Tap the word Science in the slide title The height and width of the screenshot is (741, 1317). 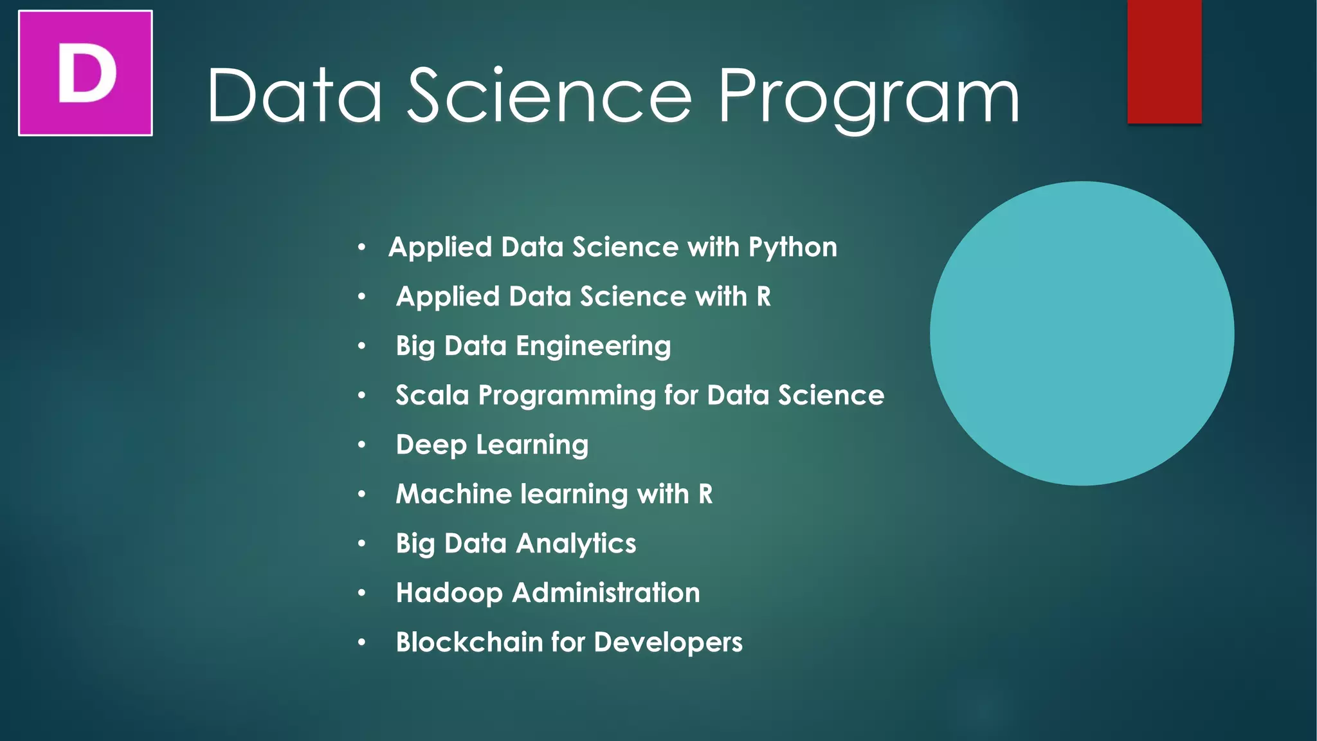click(x=550, y=96)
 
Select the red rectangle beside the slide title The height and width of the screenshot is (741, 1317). click(x=1164, y=61)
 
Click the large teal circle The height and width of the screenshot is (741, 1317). click(x=1082, y=333)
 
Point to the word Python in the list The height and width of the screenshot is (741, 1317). click(x=792, y=248)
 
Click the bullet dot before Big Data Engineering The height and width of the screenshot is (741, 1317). click(x=362, y=346)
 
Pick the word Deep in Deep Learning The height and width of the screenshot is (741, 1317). click(x=431, y=445)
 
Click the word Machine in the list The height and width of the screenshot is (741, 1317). click(x=453, y=494)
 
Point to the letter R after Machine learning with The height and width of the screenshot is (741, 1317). click(x=705, y=494)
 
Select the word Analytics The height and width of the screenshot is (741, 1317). click(x=576, y=544)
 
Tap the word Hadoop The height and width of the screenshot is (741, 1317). click(x=449, y=593)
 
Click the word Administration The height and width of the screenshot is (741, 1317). click(x=606, y=592)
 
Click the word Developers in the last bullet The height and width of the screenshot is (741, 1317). click(x=668, y=643)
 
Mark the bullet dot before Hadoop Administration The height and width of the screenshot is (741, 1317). click(x=362, y=592)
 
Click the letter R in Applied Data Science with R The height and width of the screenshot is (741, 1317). click(x=763, y=297)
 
